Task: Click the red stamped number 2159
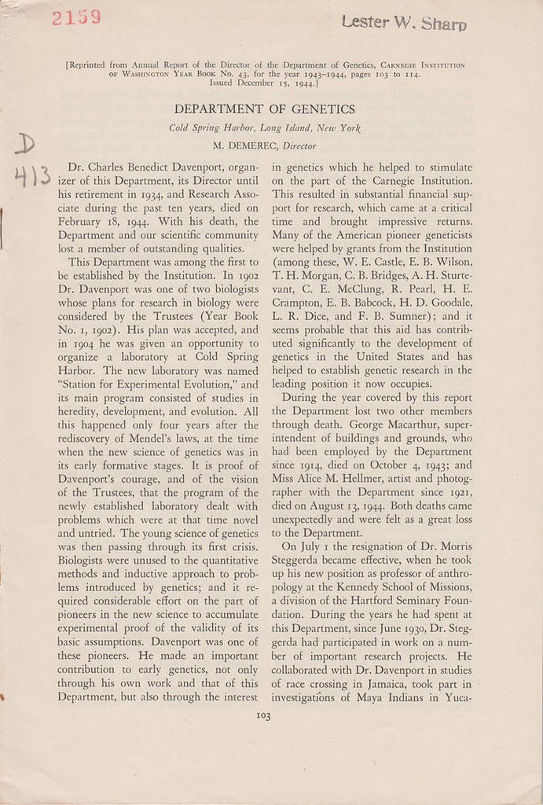pos(75,17)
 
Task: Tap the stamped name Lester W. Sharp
pos(404,23)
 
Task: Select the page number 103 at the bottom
pos(263,715)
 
